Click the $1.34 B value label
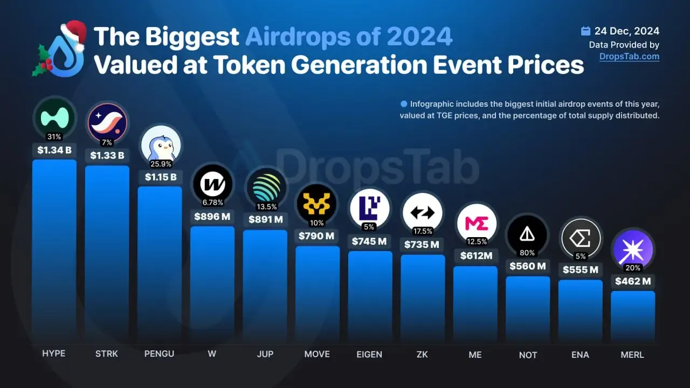[54, 150]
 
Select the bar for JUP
[265, 286]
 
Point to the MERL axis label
[632, 355]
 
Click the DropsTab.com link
[629, 56]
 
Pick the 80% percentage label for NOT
[527, 253]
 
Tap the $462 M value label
[632, 281]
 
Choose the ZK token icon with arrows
[423, 212]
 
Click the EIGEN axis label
[369, 355]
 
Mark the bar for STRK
[107, 253]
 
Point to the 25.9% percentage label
[160, 163]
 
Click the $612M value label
[475, 255]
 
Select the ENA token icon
[580, 237]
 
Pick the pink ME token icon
[475, 223]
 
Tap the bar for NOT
[528, 310]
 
